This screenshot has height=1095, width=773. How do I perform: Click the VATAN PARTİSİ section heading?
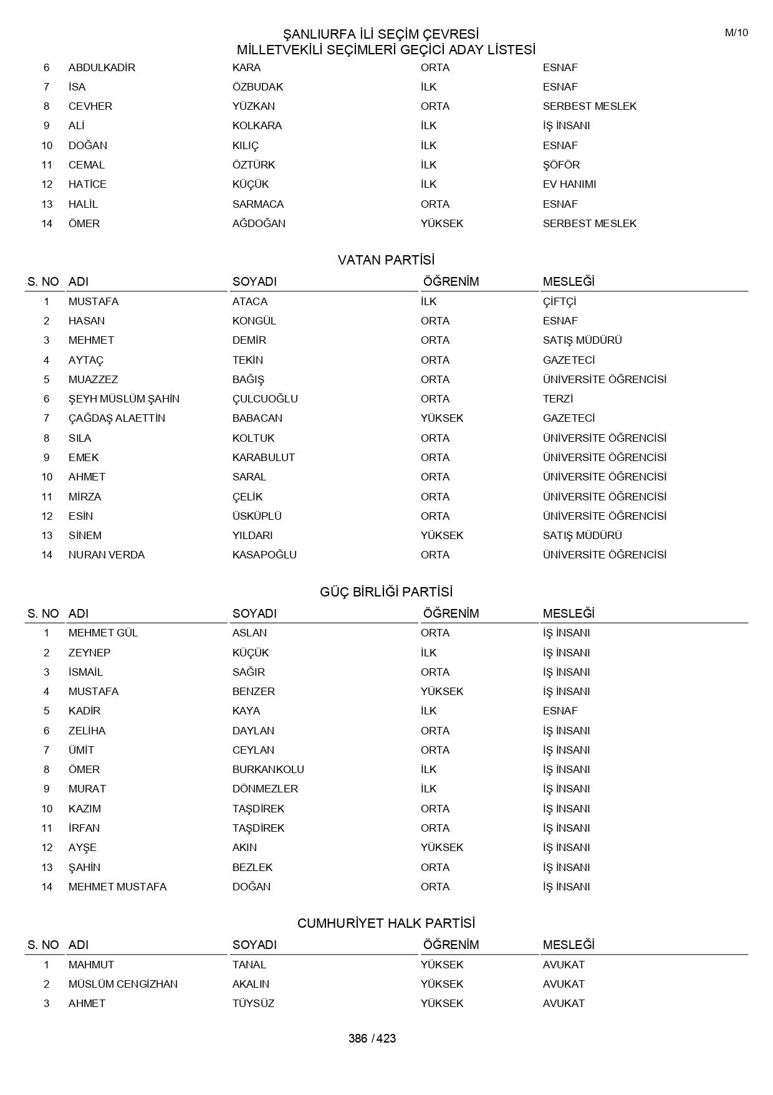[x=386, y=260]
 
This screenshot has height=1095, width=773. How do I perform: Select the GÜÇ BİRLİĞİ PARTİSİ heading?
[x=386, y=591]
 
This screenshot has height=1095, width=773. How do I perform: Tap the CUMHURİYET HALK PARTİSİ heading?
[x=386, y=923]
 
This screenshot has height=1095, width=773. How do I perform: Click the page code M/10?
[x=736, y=33]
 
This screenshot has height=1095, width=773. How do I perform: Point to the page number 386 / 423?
[x=372, y=1038]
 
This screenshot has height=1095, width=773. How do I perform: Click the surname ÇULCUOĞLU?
[x=265, y=399]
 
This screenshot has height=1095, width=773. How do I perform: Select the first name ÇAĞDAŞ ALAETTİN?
[x=117, y=418]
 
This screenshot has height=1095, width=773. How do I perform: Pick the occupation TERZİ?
[x=557, y=399]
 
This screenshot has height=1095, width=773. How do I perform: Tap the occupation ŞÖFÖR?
[x=561, y=165]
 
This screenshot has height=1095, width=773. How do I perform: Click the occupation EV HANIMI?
[x=569, y=184]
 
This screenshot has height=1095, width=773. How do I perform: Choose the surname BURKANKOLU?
[x=268, y=769]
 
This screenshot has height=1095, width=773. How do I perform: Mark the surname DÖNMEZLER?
[x=265, y=789]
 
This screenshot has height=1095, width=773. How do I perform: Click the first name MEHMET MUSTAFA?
[x=117, y=887]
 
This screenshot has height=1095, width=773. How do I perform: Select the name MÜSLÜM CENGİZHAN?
[x=123, y=984]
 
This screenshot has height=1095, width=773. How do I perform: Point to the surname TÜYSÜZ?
[x=253, y=1003]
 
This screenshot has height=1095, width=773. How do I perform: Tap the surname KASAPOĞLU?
[x=264, y=555]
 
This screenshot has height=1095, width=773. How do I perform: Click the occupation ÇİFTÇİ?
[x=559, y=301]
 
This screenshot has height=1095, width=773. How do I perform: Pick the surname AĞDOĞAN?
[x=259, y=223]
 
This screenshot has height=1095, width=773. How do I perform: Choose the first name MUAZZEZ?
[x=93, y=379]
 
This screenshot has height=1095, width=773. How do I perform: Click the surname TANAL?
[x=249, y=965]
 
